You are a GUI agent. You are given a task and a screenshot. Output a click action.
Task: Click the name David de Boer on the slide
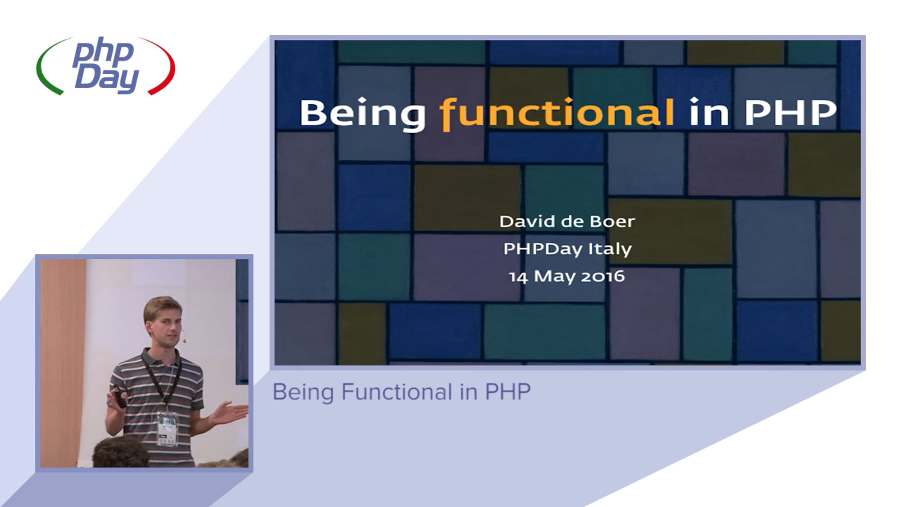(567, 221)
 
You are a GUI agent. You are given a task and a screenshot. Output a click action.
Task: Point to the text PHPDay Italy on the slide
(568, 249)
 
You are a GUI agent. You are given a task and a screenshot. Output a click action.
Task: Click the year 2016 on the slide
(603, 276)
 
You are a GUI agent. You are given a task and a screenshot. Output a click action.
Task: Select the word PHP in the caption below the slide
(508, 392)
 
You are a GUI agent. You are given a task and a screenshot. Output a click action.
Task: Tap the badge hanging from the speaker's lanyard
(167, 429)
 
